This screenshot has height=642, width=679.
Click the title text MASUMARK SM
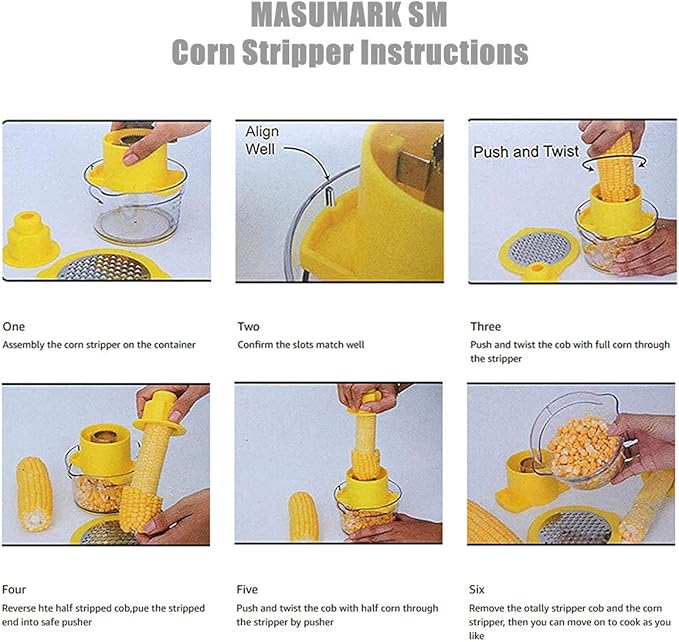click(x=349, y=17)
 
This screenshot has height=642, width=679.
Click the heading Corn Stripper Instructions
click(x=349, y=51)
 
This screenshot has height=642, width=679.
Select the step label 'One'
click(x=14, y=326)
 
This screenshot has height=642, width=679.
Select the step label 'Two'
click(x=248, y=326)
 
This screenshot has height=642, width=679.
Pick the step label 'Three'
click(x=485, y=326)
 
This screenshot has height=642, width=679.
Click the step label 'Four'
click(x=15, y=589)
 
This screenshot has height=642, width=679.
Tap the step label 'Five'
click(x=249, y=589)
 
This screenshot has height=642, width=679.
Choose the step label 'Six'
click(x=479, y=589)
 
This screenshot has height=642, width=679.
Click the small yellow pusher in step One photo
click(x=30, y=239)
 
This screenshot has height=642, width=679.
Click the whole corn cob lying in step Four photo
click(x=35, y=493)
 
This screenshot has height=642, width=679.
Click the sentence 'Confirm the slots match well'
click(x=301, y=345)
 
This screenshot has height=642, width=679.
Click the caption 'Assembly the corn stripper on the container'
click(x=99, y=345)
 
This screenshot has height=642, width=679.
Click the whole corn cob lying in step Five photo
click(x=303, y=516)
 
